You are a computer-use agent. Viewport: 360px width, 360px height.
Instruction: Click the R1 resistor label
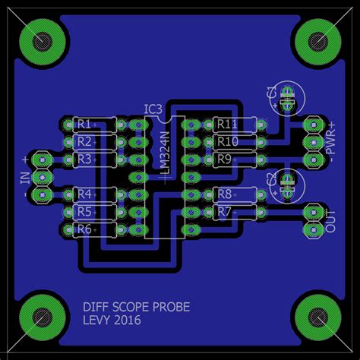tap(84, 125)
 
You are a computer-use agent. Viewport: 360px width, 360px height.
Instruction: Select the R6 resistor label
tap(84, 229)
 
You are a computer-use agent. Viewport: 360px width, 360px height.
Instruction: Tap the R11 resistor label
tap(227, 125)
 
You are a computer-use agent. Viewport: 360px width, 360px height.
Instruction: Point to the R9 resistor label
tap(224, 159)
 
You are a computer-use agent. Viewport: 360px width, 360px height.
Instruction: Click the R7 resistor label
tap(224, 212)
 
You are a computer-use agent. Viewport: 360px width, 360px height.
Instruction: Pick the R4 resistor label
tap(84, 194)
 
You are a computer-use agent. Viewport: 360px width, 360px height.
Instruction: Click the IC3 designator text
tap(153, 109)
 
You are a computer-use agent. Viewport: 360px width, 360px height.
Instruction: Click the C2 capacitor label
tap(271, 179)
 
